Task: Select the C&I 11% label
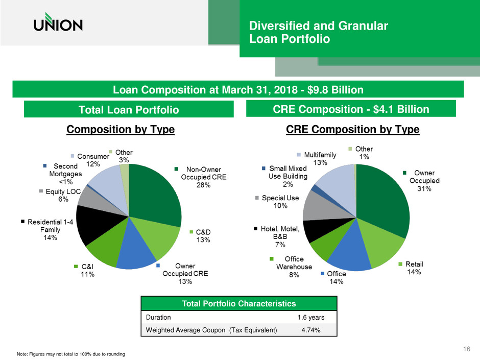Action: (85, 270)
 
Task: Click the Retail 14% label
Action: (414, 268)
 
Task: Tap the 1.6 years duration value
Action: (315, 317)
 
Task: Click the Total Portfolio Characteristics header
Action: (239, 303)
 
